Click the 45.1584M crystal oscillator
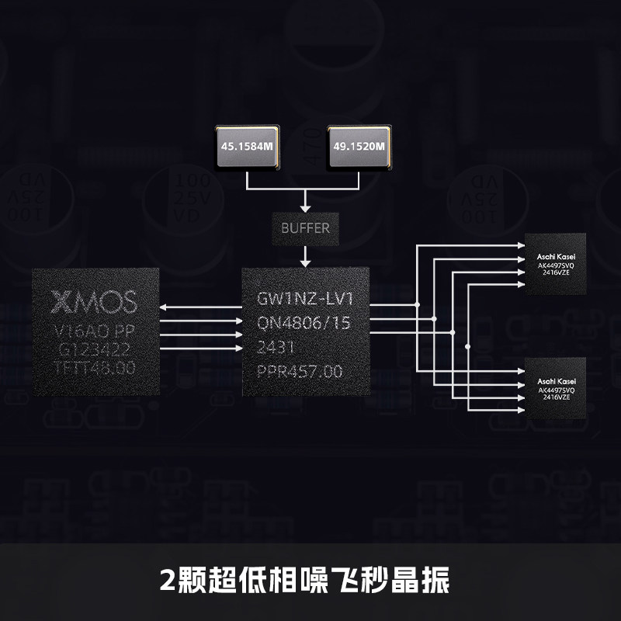(245, 146)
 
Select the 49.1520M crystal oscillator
(359, 146)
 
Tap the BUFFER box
(305, 228)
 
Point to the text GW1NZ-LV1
(305, 299)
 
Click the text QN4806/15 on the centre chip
(305, 324)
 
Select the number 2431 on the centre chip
(275, 348)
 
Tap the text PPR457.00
(299, 373)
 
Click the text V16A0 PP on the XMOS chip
(95, 330)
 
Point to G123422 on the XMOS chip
(95, 349)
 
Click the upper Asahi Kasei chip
(556, 264)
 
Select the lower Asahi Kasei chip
(556, 389)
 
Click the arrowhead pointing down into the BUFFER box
(305, 207)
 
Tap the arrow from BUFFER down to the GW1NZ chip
(305, 254)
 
